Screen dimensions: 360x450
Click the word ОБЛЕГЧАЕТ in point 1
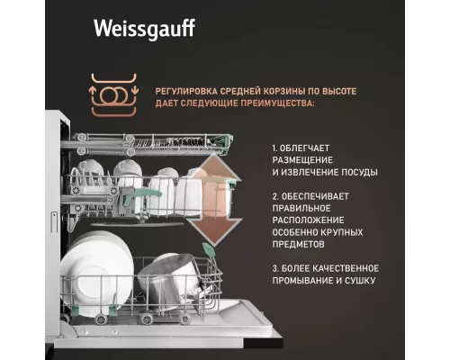coord(314,147)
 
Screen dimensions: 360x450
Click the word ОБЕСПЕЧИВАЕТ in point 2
coord(320,195)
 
